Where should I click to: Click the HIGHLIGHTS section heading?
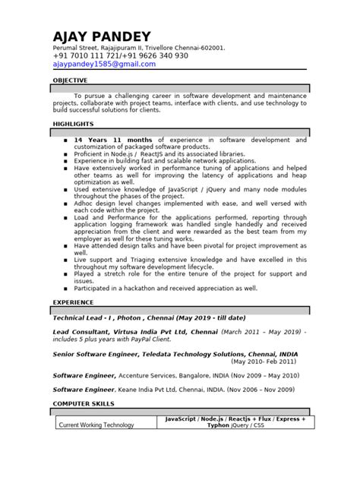pos(73,123)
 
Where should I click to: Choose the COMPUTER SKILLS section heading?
pos(84,403)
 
